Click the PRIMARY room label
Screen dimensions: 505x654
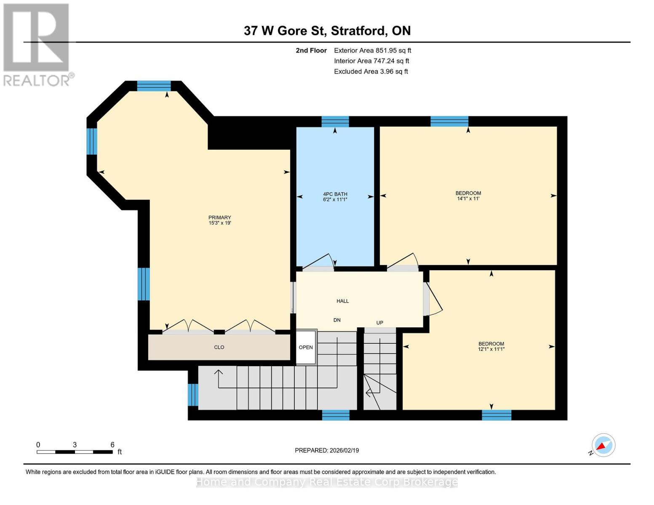click(219, 218)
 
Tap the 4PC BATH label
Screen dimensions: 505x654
click(335, 194)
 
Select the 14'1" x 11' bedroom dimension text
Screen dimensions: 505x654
click(468, 199)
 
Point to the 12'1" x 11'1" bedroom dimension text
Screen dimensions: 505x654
click(491, 349)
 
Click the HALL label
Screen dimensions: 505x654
click(342, 301)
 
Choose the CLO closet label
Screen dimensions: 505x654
click(219, 347)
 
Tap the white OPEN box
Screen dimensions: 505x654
click(306, 347)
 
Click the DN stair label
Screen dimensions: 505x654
click(337, 320)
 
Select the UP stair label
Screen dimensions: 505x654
click(379, 323)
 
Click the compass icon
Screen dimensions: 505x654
click(603, 445)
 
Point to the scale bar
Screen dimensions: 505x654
click(75, 452)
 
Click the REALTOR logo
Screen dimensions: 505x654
click(37, 44)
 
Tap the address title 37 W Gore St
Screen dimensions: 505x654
click(327, 31)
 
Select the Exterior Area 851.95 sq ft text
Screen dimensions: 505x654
click(372, 50)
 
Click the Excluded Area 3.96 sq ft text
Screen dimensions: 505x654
click(371, 72)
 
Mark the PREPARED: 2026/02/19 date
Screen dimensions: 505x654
click(327, 450)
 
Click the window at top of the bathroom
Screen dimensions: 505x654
click(335, 122)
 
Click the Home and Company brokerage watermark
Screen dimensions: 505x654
click(327, 482)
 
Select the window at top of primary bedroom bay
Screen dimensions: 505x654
click(154, 86)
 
